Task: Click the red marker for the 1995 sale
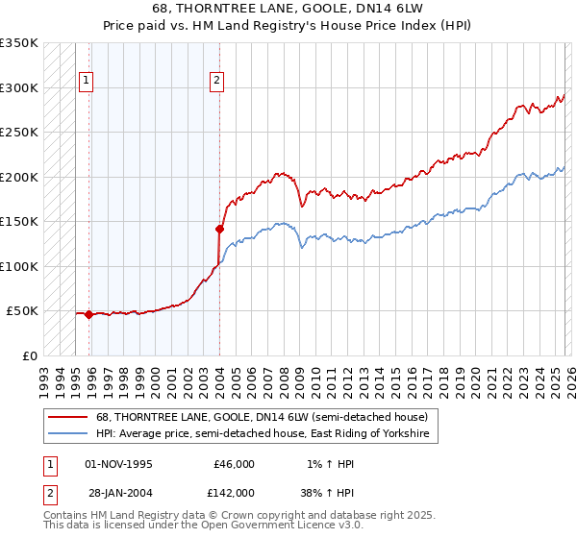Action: tap(89, 314)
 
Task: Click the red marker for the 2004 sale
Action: tap(219, 229)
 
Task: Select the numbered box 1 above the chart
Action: tap(87, 81)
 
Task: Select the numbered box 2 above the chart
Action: tap(217, 81)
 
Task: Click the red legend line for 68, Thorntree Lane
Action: tap(67, 417)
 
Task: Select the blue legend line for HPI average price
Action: tap(67, 435)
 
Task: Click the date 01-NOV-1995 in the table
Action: tap(118, 464)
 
